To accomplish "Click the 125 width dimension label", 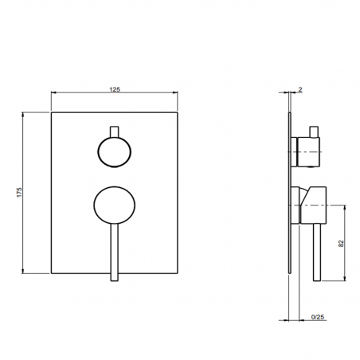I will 115,88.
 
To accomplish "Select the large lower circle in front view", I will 115,204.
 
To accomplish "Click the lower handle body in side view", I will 311,202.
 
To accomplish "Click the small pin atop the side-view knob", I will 315,130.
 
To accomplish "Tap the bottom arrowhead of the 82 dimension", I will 344,280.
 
